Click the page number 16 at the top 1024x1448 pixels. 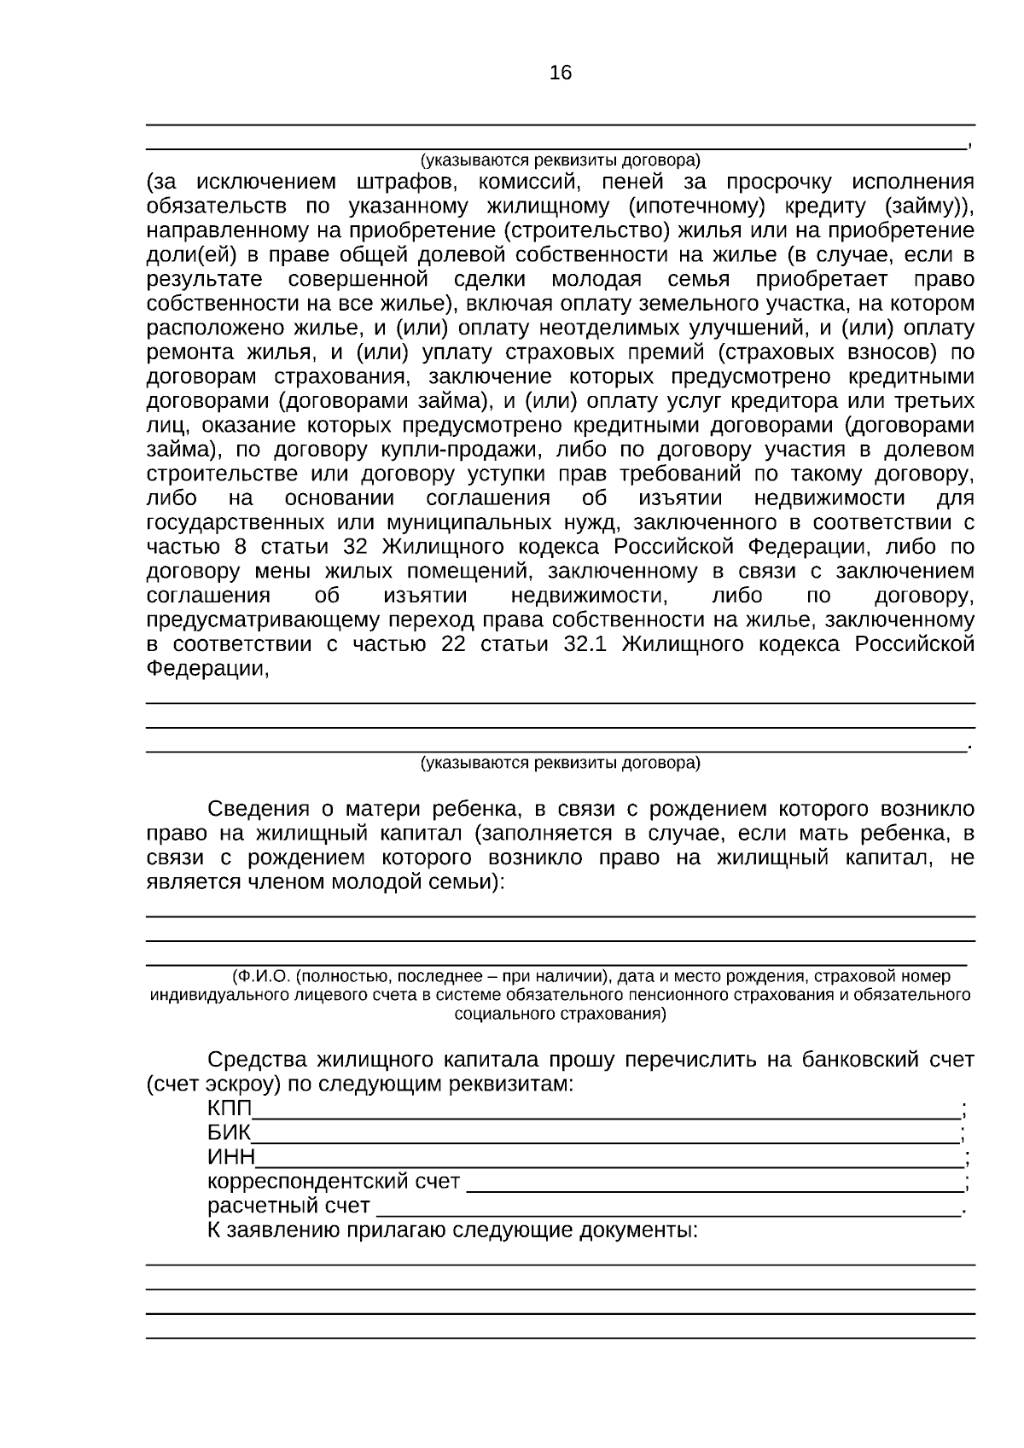point(561,73)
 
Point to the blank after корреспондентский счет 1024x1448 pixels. point(715,1183)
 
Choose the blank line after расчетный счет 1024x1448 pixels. point(669,1207)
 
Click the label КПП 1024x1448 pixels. point(230,1109)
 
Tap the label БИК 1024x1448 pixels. point(229,1134)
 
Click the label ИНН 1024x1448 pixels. point(231,1158)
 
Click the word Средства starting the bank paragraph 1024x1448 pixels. point(257,1061)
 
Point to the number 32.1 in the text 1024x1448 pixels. point(585,645)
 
